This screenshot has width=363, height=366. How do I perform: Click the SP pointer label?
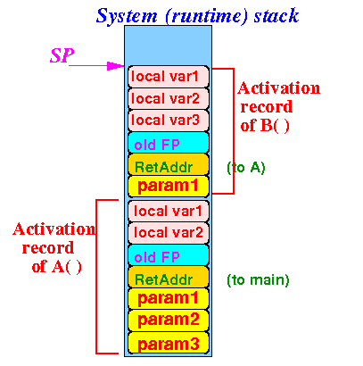62,55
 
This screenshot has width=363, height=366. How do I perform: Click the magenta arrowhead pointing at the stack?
116,66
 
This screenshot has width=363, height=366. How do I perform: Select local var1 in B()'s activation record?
169,77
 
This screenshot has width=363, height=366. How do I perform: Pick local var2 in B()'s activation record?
169,99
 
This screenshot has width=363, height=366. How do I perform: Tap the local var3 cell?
169,121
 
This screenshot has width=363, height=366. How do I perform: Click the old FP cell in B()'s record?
169,143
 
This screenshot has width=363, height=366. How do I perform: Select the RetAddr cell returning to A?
169,164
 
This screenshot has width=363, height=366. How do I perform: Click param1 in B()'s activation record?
169,187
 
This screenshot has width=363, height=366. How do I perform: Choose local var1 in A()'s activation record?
169,211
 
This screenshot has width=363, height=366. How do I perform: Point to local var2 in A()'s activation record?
169,233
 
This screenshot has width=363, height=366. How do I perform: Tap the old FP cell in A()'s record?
169,255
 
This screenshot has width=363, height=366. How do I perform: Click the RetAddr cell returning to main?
169,277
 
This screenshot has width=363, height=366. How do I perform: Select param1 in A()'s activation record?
169,299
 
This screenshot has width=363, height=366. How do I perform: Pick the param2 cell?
169,320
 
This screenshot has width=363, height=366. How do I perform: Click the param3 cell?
169,343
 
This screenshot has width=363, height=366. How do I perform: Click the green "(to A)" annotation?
246,168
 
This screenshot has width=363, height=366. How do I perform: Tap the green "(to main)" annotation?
258,280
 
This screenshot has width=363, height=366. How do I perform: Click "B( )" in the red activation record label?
275,126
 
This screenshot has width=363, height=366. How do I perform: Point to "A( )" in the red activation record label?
67,267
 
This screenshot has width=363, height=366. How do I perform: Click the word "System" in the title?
127,16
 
